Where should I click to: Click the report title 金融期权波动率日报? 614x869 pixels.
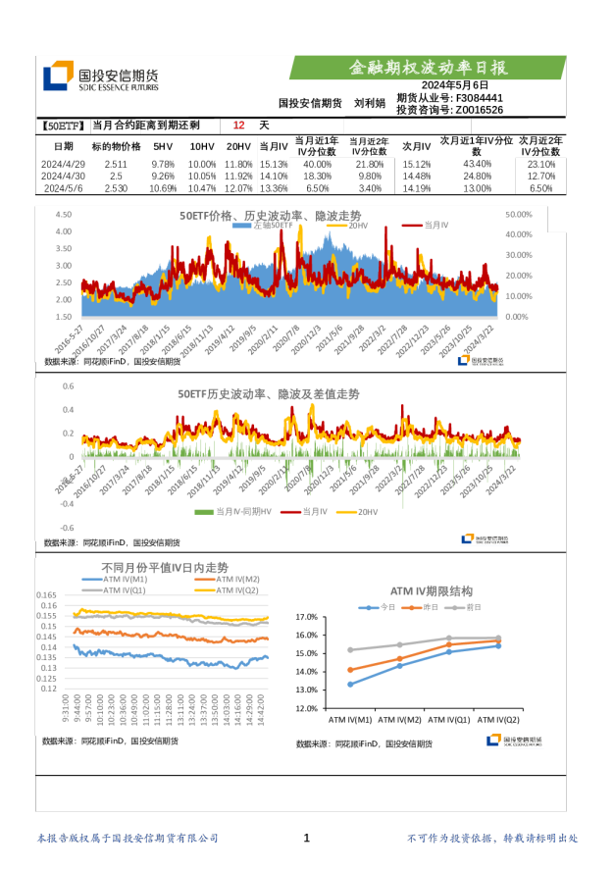point(429,68)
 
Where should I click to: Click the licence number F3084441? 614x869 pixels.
point(480,98)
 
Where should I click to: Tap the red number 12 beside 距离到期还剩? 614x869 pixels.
point(238,126)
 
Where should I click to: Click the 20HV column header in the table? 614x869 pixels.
point(238,145)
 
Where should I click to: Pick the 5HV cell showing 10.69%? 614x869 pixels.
point(163,188)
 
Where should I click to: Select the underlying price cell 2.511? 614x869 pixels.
point(116,164)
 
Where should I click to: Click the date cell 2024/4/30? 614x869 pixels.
point(64,176)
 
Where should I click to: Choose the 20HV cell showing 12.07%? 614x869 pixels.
point(238,188)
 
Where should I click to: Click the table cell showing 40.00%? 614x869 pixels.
point(317,164)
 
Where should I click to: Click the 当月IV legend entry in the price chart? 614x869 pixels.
point(429,226)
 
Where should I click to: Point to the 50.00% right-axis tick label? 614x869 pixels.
point(518,214)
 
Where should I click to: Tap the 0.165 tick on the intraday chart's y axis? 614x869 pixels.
point(46,595)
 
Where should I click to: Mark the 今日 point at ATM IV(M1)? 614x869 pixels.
point(351,684)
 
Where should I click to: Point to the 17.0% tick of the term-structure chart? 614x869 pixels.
point(306,617)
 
